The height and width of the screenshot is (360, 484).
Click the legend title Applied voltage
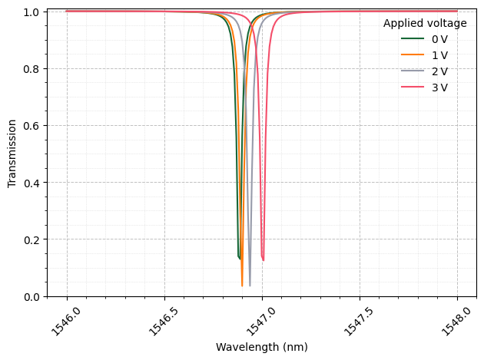tap(425, 23)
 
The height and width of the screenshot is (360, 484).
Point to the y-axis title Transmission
tap(12, 153)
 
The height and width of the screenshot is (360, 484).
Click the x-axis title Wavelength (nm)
tap(262, 347)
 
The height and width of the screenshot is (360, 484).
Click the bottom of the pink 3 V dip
tap(263, 260)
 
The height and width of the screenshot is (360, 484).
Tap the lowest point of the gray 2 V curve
tap(250, 286)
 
